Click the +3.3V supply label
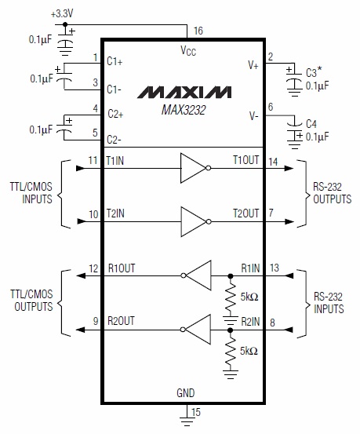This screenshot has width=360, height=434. tap(62, 13)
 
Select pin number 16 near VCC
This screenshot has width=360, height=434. tap(198, 31)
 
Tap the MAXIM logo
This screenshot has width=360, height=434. tap(184, 92)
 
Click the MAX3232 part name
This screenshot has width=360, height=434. tap(184, 110)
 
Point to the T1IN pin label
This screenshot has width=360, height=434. tap(115, 161)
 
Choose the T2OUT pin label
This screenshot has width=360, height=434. tap(246, 213)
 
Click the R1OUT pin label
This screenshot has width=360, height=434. tap(122, 268)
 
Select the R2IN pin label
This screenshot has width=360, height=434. tap(250, 322)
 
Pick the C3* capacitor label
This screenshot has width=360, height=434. tap(314, 72)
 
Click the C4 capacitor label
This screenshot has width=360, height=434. tap(311, 124)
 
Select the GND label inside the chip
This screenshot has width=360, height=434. tap(186, 392)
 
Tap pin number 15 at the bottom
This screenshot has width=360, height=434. tap(195, 412)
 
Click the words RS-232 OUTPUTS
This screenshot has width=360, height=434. tap(332, 193)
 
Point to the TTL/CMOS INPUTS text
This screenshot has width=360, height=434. tap(31, 193)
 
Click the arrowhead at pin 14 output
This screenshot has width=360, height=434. tap(289, 168)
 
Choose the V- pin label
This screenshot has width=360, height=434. tap(254, 115)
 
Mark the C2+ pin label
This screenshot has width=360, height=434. tap(115, 114)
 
